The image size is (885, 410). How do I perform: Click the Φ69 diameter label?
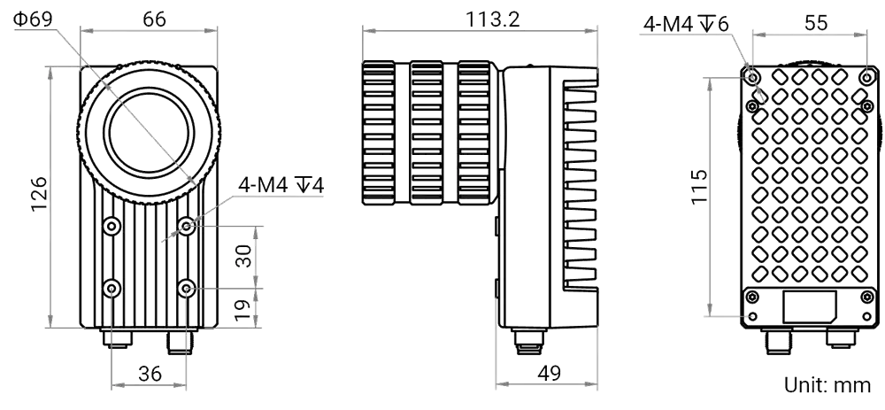pos(33,19)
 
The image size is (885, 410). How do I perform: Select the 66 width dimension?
pos(154,19)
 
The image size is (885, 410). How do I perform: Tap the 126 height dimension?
pos(39,194)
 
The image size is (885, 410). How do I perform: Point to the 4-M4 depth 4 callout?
pos(281,185)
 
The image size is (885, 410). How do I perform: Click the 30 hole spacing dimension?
pos(243,256)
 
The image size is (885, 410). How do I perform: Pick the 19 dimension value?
pos(242,310)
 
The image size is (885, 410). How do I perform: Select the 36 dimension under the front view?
pos(150,374)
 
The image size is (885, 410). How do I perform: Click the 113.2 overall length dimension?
pos(492,19)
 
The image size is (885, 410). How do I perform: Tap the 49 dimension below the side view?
pos(549,374)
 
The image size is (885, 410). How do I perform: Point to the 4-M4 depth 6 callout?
pos(686,24)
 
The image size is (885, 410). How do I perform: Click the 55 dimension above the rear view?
pos(816,23)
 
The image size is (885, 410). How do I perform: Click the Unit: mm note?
pos(827,385)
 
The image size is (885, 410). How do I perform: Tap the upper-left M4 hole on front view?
pos(112,227)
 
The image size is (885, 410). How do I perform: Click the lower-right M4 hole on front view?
pos(186,290)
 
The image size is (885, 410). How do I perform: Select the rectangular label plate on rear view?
pos(810,307)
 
